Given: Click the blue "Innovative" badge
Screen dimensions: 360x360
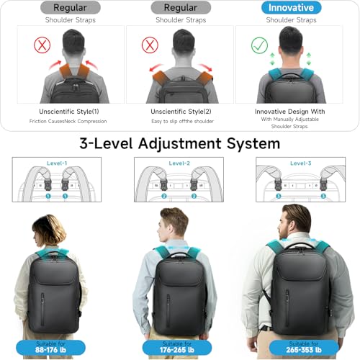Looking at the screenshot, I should point(292,8).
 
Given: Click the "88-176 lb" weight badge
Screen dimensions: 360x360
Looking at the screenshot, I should point(48,347).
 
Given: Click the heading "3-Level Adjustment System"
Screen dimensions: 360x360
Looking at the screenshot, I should point(180,143).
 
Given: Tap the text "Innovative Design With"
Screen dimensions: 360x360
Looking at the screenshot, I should point(291,112).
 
